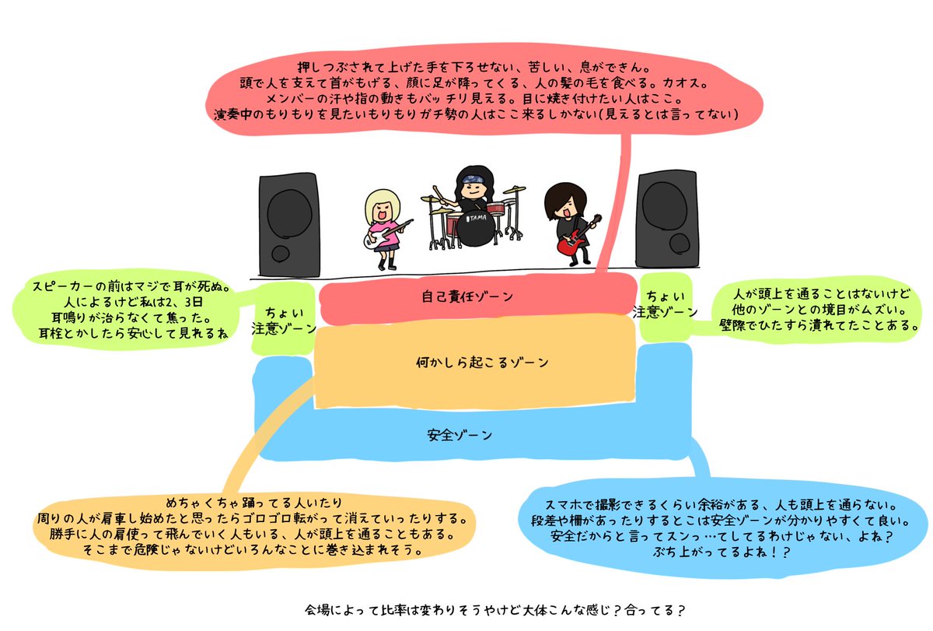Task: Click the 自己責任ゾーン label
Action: pyautogui.click(x=467, y=296)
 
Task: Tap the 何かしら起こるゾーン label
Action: pyautogui.click(x=482, y=362)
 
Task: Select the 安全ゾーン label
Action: pyautogui.click(x=460, y=435)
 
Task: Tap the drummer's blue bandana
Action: pyautogui.click(x=473, y=179)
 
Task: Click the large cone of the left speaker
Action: pyautogui.click(x=289, y=213)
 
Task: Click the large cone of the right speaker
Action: pyautogui.click(x=664, y=205)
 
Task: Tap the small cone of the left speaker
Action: pyautogui.click(x=281, y=253)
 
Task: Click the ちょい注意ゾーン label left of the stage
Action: pyautogui.click(x=284, y=321)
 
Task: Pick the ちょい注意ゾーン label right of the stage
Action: pyautogui.click(x=665, y=304)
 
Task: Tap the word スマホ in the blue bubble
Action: pyautogui.click(x=563, y=505)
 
